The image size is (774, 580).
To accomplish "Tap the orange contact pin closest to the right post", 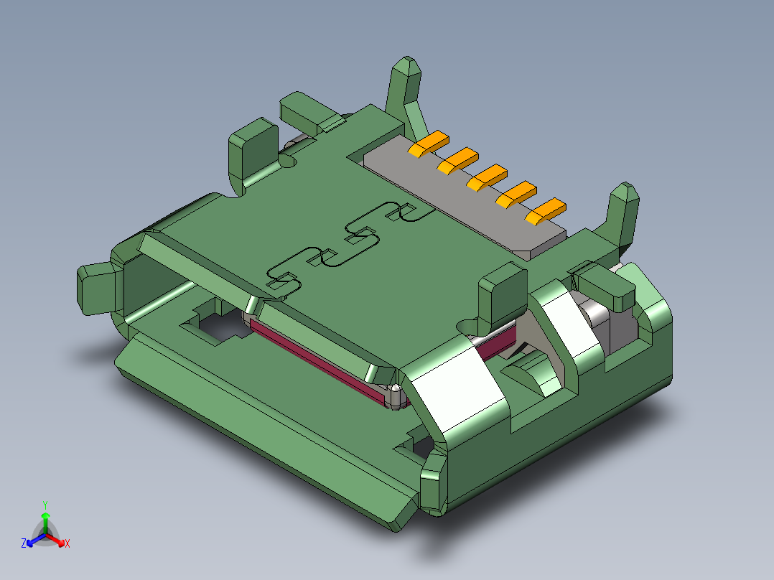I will coord(545,211).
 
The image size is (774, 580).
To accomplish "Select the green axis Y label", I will coord(45,504).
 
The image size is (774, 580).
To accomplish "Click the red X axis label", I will coord(67,543).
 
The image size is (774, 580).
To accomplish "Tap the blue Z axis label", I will coord(23,543).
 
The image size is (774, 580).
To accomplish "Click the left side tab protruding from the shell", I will coord(97,289).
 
